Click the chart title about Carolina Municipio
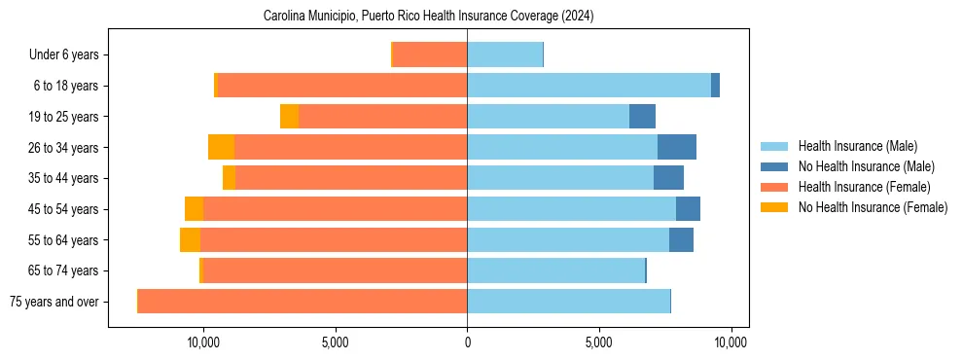(428, 17)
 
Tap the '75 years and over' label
(54, 302)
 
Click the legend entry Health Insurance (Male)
(857, 147)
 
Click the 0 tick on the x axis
(467, 342)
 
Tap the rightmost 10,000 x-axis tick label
(731, 342)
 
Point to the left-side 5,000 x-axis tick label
(335, 342)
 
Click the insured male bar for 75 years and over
(568, 302)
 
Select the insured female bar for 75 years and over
(303, 302)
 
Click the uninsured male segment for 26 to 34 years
(677, 147)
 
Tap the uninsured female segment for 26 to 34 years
(221, 147)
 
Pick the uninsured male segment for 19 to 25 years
(642, 117)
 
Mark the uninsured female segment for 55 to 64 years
(190, 239)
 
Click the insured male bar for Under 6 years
(505, 55)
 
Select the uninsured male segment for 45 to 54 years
(688, 209)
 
